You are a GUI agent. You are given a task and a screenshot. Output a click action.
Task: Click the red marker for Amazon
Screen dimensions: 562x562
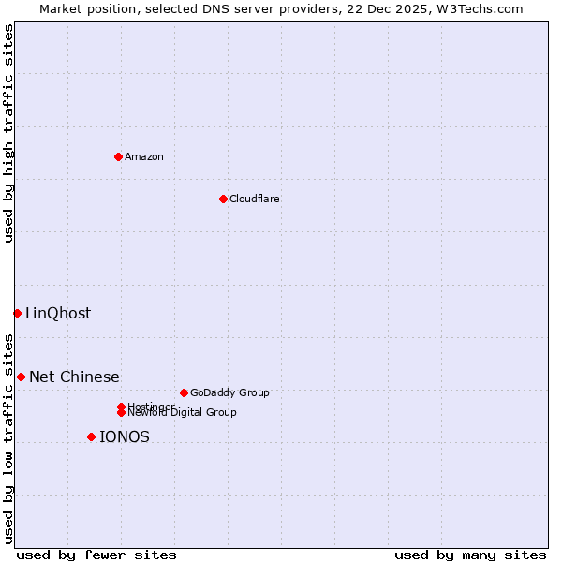118,156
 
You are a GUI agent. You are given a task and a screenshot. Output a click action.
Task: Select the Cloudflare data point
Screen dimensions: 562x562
223,199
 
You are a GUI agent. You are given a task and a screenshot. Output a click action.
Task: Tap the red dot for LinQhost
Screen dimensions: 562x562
17,313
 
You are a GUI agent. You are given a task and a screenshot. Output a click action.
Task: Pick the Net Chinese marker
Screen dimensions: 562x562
21,377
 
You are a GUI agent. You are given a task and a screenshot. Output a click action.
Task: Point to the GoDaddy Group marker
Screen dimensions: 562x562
184,392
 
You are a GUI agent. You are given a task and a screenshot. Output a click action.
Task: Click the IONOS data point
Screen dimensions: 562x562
91,436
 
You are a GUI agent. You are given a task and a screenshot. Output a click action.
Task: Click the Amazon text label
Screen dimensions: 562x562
144,156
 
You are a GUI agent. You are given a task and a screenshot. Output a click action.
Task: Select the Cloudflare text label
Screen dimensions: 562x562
254,199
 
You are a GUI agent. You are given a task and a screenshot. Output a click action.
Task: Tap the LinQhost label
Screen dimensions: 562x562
58,314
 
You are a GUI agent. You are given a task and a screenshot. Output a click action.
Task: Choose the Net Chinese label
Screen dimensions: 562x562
74,377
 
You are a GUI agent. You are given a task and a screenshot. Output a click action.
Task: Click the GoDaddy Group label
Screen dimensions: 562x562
229,393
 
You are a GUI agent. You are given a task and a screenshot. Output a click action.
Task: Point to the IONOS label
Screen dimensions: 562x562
124,437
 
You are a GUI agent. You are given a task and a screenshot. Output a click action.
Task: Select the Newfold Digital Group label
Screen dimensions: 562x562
182,413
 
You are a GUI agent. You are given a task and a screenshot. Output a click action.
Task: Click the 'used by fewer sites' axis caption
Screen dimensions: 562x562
96,555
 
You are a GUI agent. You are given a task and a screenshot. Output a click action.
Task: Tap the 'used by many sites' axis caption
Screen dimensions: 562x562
470,555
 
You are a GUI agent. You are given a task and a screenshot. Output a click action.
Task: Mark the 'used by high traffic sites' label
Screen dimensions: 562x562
9,133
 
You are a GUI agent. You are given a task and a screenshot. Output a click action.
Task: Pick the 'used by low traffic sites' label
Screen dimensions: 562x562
9,438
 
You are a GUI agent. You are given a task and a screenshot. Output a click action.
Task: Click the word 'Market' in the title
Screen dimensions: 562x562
60,8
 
